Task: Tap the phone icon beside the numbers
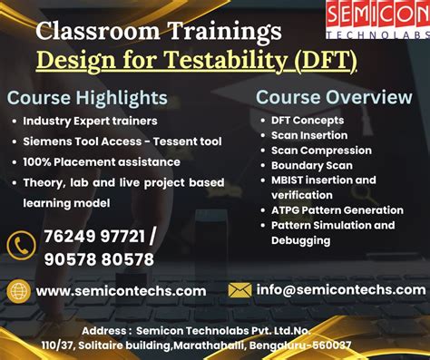20,247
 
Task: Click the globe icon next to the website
19,290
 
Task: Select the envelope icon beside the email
239,290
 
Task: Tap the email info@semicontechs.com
341,290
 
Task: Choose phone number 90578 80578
99,259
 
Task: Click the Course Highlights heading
87,98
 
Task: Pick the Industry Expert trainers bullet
90,121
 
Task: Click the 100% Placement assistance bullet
102,161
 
